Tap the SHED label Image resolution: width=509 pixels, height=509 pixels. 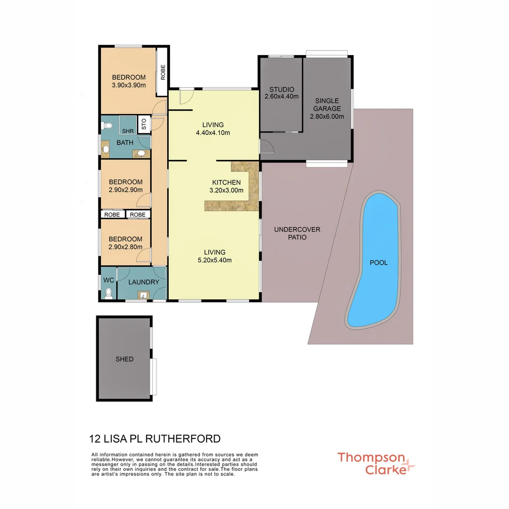click(x=124, y=359)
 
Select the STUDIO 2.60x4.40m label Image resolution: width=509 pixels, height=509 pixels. click(x=281, y=93)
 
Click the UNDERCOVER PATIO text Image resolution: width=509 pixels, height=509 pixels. click(x=297, y=233)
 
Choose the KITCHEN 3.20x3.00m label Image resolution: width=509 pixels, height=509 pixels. click(x=226, y=187)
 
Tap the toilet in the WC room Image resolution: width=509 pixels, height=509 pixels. click(x=109, y=293)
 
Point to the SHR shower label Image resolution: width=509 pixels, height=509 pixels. click(x=127, y=131)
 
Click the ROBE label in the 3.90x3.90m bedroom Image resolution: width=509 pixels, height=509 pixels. click(x=163, y=72)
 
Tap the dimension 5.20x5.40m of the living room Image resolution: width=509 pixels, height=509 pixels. click(x=214, y=260)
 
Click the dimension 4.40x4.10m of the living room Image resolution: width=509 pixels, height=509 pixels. click(x=213, y=133)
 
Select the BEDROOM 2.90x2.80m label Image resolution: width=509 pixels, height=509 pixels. click(x=125, y=243)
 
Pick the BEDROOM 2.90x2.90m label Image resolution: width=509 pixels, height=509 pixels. click(x=125, y=186)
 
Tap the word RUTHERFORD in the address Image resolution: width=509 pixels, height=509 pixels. click(x=183, y=439)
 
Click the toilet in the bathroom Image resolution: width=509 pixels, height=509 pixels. click(x=107, y=126)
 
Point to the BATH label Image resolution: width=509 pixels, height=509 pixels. click(x=125, y=143)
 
